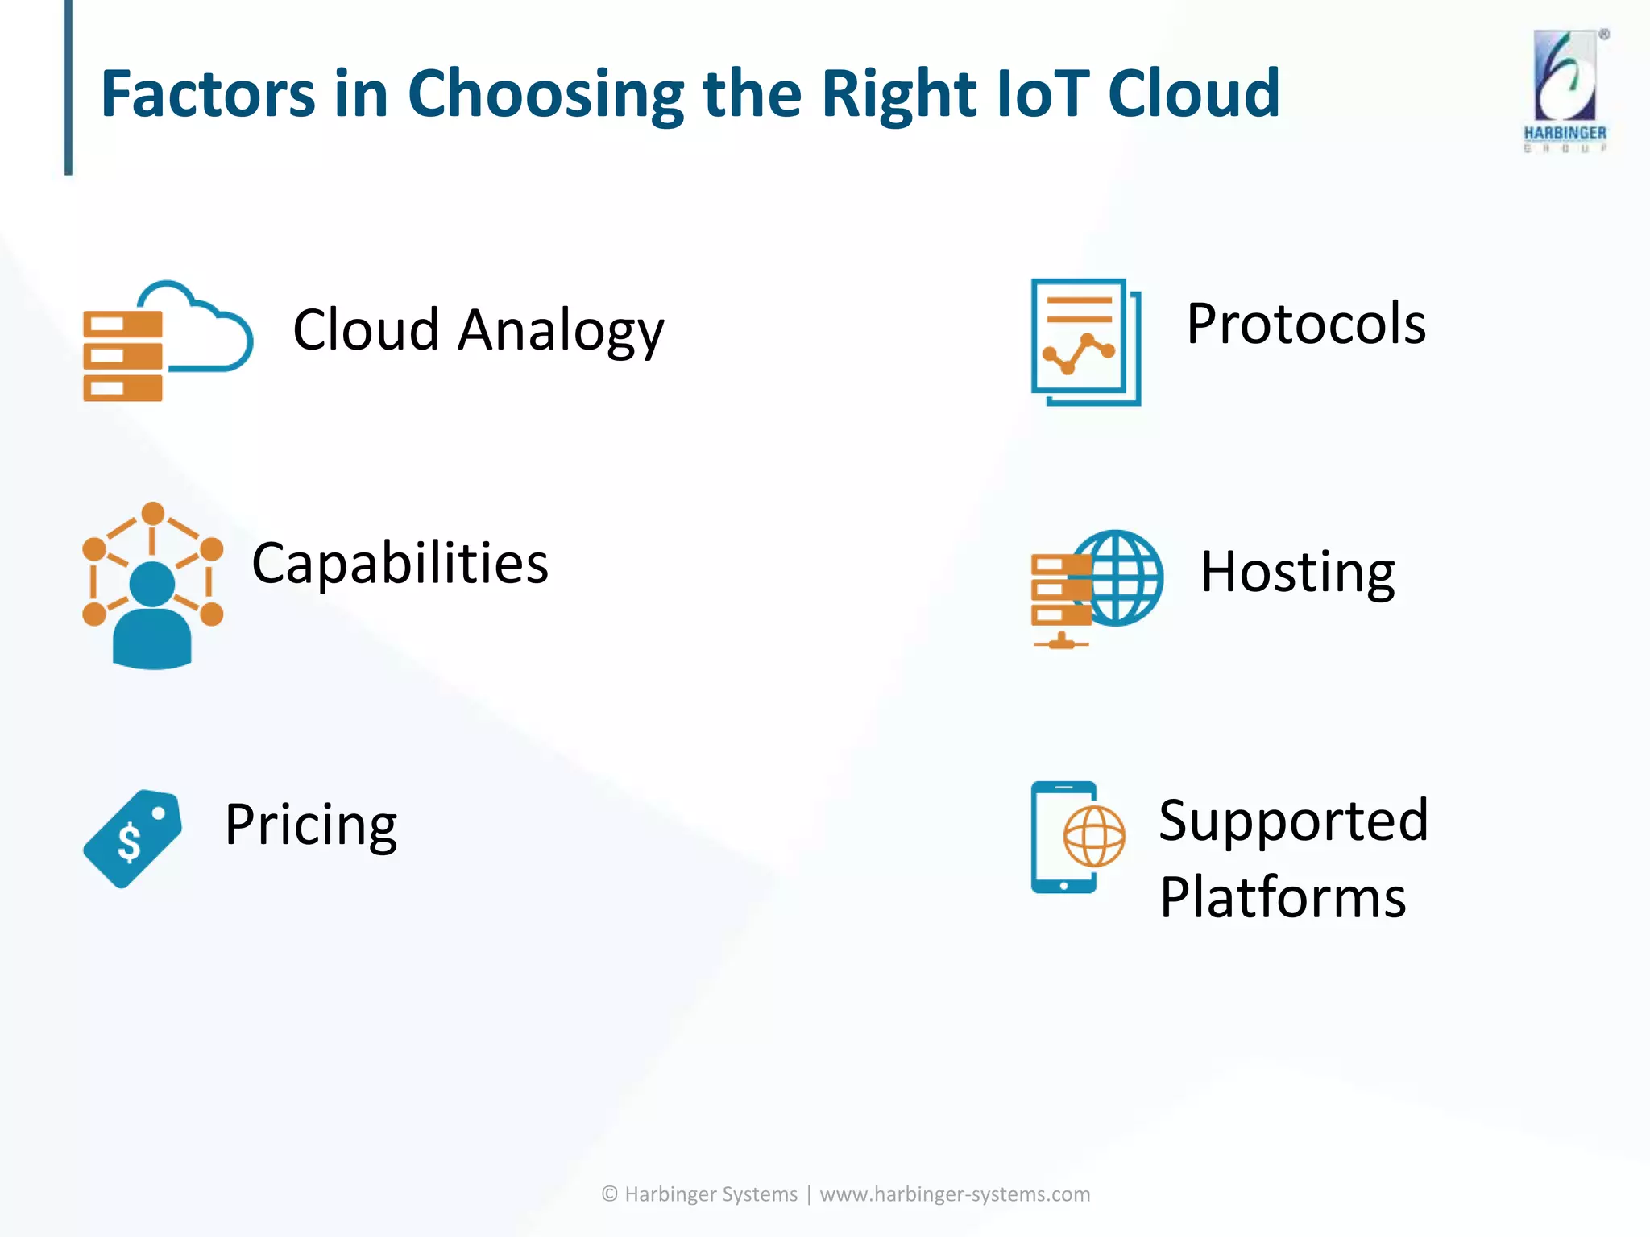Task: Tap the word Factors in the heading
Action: click(x=207, y=93)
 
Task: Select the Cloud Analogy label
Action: click(x=478, y=330)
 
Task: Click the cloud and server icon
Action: click(x=168, y=341)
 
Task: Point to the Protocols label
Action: click(x=1305, y=324)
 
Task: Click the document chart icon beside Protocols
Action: click(x=1084, y=341)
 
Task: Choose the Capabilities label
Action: click(x=400, y=563)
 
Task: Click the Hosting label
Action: click(x=1297, y=573)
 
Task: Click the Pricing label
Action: click(x=310, y=825)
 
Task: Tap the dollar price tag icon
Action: click(x=133, y=838)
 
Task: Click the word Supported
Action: click(x=1293, y=821)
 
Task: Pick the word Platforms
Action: click(x=1283, y=897)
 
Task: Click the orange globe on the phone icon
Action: click(x=1093, y=836)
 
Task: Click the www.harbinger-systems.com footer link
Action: click(x=954, y=1194)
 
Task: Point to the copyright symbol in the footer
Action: click(x=610, y=1194)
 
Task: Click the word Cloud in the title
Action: click(x=1193, y=93)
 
